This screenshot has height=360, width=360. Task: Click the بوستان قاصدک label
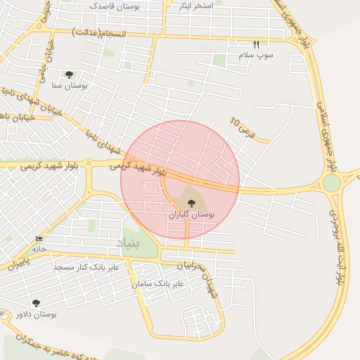click(x=115, y=6)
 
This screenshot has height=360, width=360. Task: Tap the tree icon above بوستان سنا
click(x=69, y=74)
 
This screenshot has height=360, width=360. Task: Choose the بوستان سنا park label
click(x=69, y=85)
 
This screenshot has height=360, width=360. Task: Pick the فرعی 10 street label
click(x=239, y=126)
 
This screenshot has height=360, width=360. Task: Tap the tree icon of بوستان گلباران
click(x=193, y=202)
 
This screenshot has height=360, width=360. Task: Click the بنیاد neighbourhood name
click(x=129, y=243)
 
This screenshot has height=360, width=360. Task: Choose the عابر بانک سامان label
click(x=157, y=283)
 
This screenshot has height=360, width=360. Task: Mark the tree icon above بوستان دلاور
click(x=37, y=303)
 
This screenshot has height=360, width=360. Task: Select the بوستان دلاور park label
click(x=37, y=314)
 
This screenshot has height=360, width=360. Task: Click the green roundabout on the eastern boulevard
click(x=332, y=183)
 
